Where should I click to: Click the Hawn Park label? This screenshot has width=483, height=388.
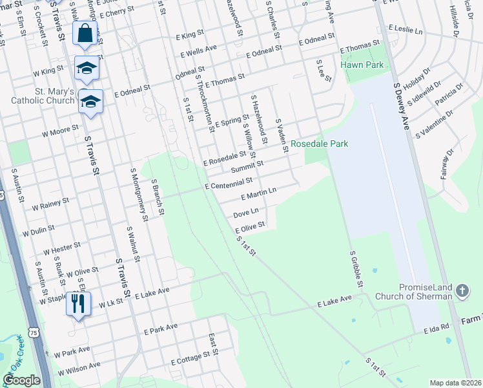[x=367, y=65]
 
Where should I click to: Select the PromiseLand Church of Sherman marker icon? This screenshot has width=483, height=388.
[x=462, y=291]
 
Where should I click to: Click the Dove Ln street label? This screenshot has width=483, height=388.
[x=245, y=212]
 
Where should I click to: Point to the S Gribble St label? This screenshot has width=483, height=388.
[x=356, y=270]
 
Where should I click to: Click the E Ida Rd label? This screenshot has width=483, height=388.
[x=437, y=329]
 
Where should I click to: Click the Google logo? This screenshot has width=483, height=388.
[x=22, y=380]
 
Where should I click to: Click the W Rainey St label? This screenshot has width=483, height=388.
[x=50, y=204]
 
